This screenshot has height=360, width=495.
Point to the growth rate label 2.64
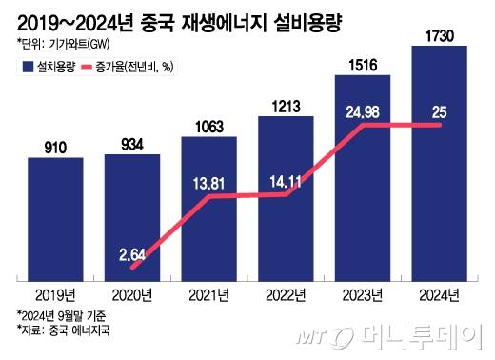(132, 252)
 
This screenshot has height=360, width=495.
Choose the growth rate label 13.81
(208, 180)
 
